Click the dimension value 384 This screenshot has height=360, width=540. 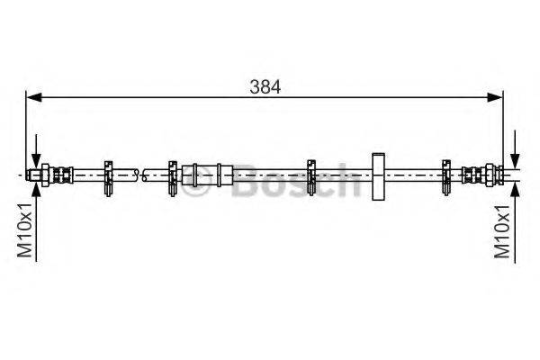click(266, 86)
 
